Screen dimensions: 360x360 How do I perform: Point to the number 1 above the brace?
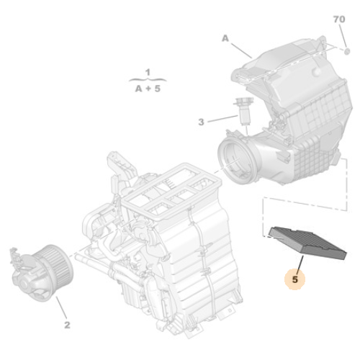pyautogui.click(x=147, y=73)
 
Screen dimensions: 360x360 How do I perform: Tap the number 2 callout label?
pyautogui.click(x=67, y=325)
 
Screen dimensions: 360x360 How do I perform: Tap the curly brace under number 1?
pyautogui.click(x=147, y=81)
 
